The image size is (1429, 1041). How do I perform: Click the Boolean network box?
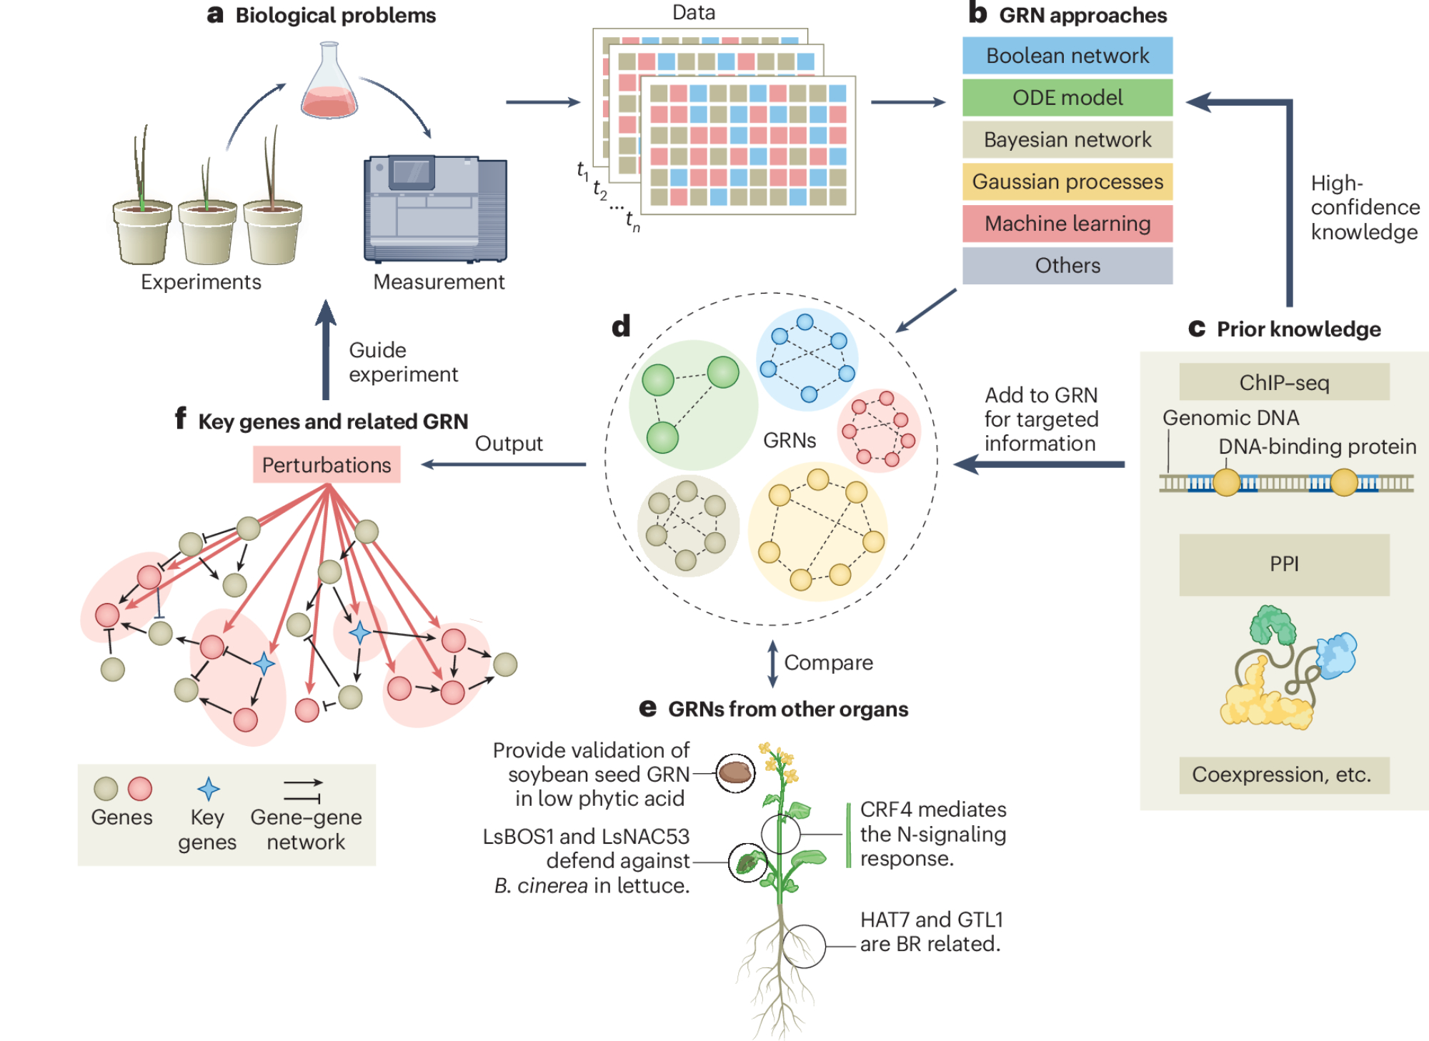point(1067,56)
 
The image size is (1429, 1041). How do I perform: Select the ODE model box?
point(1067,98)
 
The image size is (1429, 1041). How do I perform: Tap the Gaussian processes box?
point(1067,181)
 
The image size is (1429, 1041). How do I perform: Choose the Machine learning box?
point(1067,224)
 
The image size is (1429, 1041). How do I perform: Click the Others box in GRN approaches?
point(1067,266)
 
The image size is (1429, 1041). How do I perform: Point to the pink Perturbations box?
point(327,465)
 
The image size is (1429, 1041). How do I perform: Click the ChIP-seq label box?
point(1284,382)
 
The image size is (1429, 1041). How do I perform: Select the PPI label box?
point(1284,564)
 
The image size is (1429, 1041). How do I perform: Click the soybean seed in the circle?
point(735,772)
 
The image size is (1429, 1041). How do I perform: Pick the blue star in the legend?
point(208,789)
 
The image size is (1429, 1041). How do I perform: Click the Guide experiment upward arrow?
point(326,350)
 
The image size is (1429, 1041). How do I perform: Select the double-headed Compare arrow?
point(772,663)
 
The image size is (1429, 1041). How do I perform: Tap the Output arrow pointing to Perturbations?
point(504,464)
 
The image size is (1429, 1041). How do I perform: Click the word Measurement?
point(439,282)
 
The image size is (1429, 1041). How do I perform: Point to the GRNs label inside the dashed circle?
point(790,440)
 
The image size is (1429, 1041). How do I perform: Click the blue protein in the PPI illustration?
point(1337,654)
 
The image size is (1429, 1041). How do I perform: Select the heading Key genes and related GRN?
point(333,422)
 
